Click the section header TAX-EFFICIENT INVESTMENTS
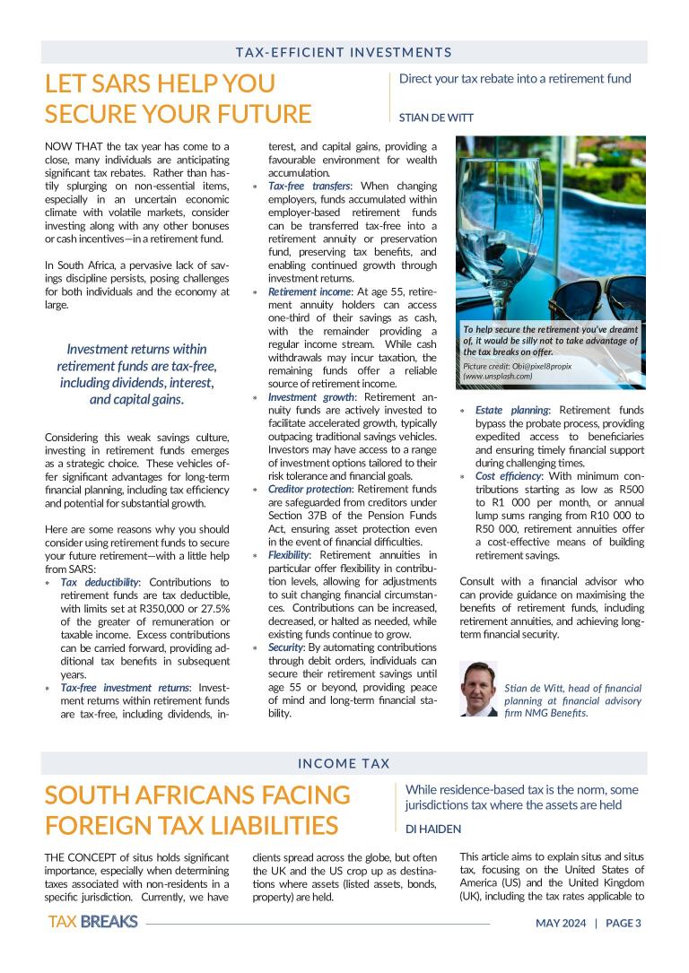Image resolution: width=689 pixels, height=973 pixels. coord(344,53)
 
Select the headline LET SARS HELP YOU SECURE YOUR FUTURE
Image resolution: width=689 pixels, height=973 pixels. coord(178,99)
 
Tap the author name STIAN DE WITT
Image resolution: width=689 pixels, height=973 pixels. coord(436,117)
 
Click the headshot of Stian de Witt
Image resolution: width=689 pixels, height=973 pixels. coord(477,689)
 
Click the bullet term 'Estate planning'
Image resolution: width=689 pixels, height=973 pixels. coord(510,410)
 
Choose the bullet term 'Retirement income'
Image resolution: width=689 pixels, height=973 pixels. coord(307,291)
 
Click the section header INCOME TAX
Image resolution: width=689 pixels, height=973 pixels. coord(344,764)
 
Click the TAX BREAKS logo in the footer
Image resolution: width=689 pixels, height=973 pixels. coord(92,922)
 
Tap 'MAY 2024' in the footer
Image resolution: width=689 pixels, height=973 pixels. coord(561,923)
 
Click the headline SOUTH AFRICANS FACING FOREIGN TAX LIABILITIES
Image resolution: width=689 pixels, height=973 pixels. coord(197,810)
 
